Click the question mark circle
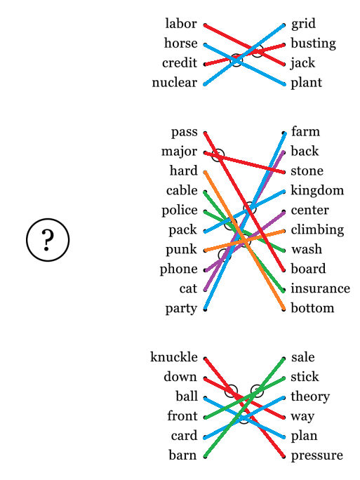48,240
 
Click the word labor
181,24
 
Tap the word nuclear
175,83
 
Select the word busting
313,44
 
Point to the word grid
303,24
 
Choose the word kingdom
317,191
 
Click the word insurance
320,288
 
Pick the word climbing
317,230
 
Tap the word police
180,211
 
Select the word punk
181,250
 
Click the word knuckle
174,357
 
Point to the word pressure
316,456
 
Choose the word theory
310,396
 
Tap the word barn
182,455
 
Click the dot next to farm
284,133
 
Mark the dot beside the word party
205,309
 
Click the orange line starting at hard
245,241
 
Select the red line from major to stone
245,163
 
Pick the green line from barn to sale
245,408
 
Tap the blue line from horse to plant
245,65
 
